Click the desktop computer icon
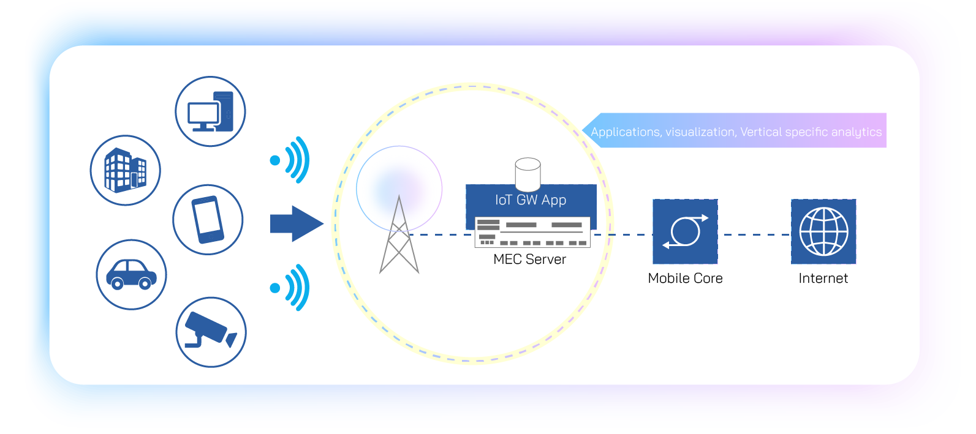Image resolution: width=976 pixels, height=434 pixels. [210, 111]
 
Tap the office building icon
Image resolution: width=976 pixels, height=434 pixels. [126, 170]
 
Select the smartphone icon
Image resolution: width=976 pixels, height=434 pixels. [208, 220]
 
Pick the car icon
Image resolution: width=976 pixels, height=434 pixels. [131, 274]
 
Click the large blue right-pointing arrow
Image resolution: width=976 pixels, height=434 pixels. [297, 223]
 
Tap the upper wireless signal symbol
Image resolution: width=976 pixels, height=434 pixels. [292, 160]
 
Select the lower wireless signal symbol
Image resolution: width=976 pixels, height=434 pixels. [292, 287]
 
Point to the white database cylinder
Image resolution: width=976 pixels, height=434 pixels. [528, 174]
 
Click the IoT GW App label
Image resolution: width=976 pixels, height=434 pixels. [531, 200]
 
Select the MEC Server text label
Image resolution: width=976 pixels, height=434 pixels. [529, 260]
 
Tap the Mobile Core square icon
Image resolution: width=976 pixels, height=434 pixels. [685, 231]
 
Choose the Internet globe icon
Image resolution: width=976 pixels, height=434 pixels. [823, 231]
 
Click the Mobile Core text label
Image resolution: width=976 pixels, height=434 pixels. [685, 279]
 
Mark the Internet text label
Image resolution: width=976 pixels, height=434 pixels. [823, 279]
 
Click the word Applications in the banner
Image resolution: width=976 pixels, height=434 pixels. [625, 132]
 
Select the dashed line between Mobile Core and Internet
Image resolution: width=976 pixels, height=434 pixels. [754, 234]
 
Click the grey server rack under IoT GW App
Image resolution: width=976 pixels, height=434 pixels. [532, 233]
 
